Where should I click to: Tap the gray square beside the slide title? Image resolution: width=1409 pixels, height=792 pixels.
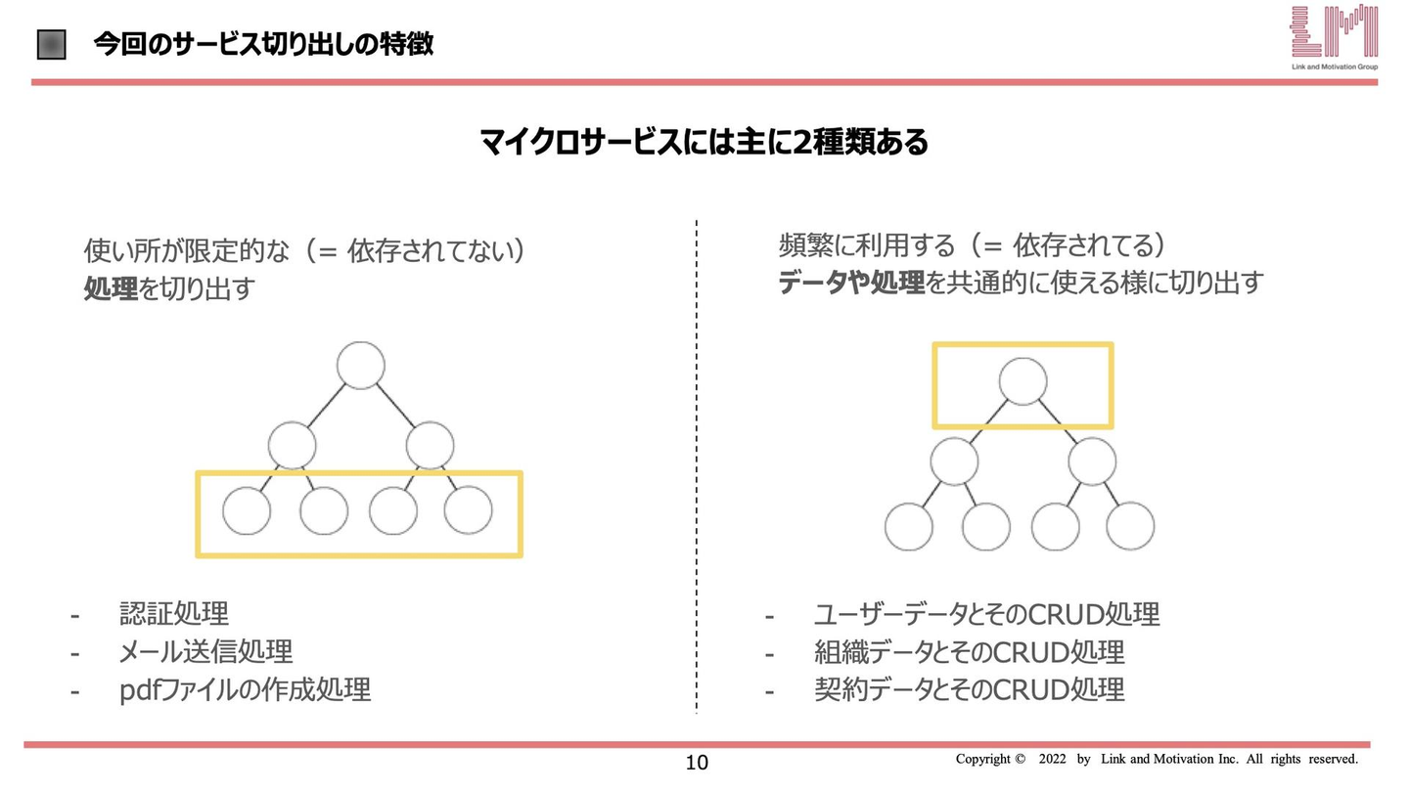pos(52,45)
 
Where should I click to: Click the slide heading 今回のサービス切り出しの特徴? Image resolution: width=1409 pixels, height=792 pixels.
pos(263,45)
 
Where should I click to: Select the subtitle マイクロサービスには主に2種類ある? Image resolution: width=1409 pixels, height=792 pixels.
pos(704,142)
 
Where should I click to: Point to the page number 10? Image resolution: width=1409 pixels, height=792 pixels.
pos(697,763)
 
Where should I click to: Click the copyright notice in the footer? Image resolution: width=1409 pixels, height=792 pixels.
pos(1157,759)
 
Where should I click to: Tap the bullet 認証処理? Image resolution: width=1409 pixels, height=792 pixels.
pos(174,613)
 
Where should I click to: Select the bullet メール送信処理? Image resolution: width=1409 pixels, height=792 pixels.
pos(205,651)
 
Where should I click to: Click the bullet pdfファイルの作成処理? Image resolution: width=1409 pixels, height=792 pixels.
pos(245,689)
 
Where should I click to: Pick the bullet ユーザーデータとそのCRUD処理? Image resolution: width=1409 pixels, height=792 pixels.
pos(986,614)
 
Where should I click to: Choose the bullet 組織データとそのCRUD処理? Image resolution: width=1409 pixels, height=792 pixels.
pos(969,652)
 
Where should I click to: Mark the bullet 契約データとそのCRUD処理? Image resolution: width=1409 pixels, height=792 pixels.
pos(969,689)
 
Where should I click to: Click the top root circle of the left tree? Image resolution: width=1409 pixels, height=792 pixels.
pos(360,366)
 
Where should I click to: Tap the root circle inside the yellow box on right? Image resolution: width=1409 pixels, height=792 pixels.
pos(1023,381)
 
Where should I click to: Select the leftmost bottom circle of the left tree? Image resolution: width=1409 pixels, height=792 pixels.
pos(247,510)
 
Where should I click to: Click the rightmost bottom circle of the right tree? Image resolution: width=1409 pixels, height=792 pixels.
pos(1130,526)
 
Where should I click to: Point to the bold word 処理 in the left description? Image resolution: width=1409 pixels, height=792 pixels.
pos(111,288)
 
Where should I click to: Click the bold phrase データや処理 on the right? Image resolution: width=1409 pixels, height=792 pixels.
pos(851,283)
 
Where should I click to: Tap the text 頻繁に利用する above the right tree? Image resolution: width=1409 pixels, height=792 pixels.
pos(867,245)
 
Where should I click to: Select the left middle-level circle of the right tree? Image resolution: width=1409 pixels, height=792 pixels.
pos(954,462)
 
